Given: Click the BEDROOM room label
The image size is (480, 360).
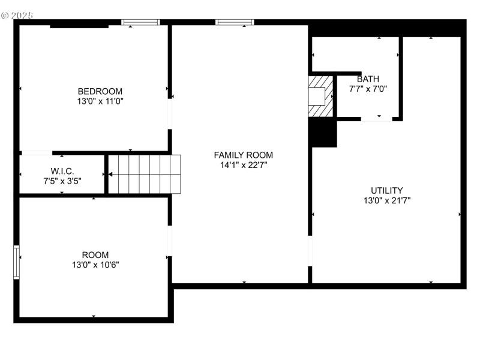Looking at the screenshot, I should (100, 91).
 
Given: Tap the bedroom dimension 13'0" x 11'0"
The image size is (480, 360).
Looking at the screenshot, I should (100, 101).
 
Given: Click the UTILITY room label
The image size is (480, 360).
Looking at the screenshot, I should (386, 191).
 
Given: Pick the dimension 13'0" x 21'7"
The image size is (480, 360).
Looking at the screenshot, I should (386, 201).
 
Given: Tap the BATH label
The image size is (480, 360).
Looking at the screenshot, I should (368, 79).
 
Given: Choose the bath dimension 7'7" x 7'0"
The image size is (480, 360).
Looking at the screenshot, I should (368, 89).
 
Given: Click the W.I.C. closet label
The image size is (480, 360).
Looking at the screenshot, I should (62, 171).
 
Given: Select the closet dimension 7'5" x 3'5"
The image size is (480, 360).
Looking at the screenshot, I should (62, 181).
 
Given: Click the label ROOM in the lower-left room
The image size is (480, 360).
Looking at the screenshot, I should (95, 255).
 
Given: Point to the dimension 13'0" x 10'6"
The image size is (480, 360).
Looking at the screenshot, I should (95, 265).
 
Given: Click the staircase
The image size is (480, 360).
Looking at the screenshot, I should (145, 174).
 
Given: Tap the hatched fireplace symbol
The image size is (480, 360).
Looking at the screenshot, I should (320, 96).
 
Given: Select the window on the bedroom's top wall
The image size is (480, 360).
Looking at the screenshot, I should (141, 23).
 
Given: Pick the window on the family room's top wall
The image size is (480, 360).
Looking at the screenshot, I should (235, 23).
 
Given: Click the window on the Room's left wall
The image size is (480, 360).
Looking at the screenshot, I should (17, 262).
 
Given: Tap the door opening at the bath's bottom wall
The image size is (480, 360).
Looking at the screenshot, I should (376, 120).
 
